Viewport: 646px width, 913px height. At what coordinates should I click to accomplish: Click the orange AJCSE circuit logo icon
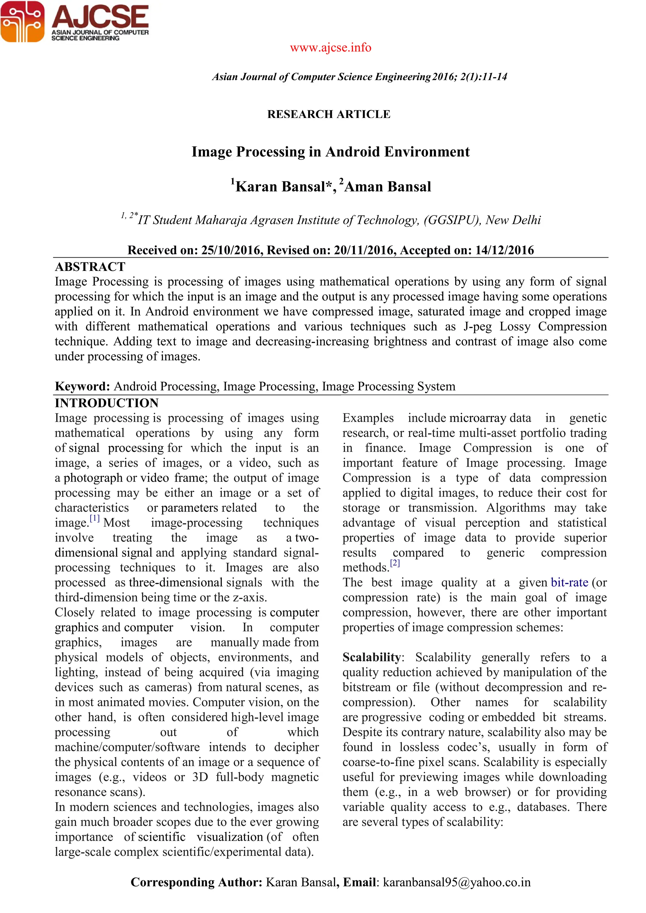22,21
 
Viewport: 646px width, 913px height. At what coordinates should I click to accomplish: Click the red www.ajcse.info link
330,48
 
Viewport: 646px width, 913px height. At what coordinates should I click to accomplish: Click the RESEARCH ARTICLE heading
329,114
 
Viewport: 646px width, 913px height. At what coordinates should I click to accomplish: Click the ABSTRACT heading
90,266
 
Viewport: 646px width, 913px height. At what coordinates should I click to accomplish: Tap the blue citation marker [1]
95,518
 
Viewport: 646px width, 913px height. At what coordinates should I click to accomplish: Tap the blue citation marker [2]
395,563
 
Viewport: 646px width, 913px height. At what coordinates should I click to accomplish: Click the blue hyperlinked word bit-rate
569,582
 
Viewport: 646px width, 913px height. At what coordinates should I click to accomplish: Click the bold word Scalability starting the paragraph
372,657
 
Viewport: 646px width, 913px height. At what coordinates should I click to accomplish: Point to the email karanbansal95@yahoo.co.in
457,882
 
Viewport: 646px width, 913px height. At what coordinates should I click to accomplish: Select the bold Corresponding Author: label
197,882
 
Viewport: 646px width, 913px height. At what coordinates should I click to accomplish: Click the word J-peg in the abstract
477,326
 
